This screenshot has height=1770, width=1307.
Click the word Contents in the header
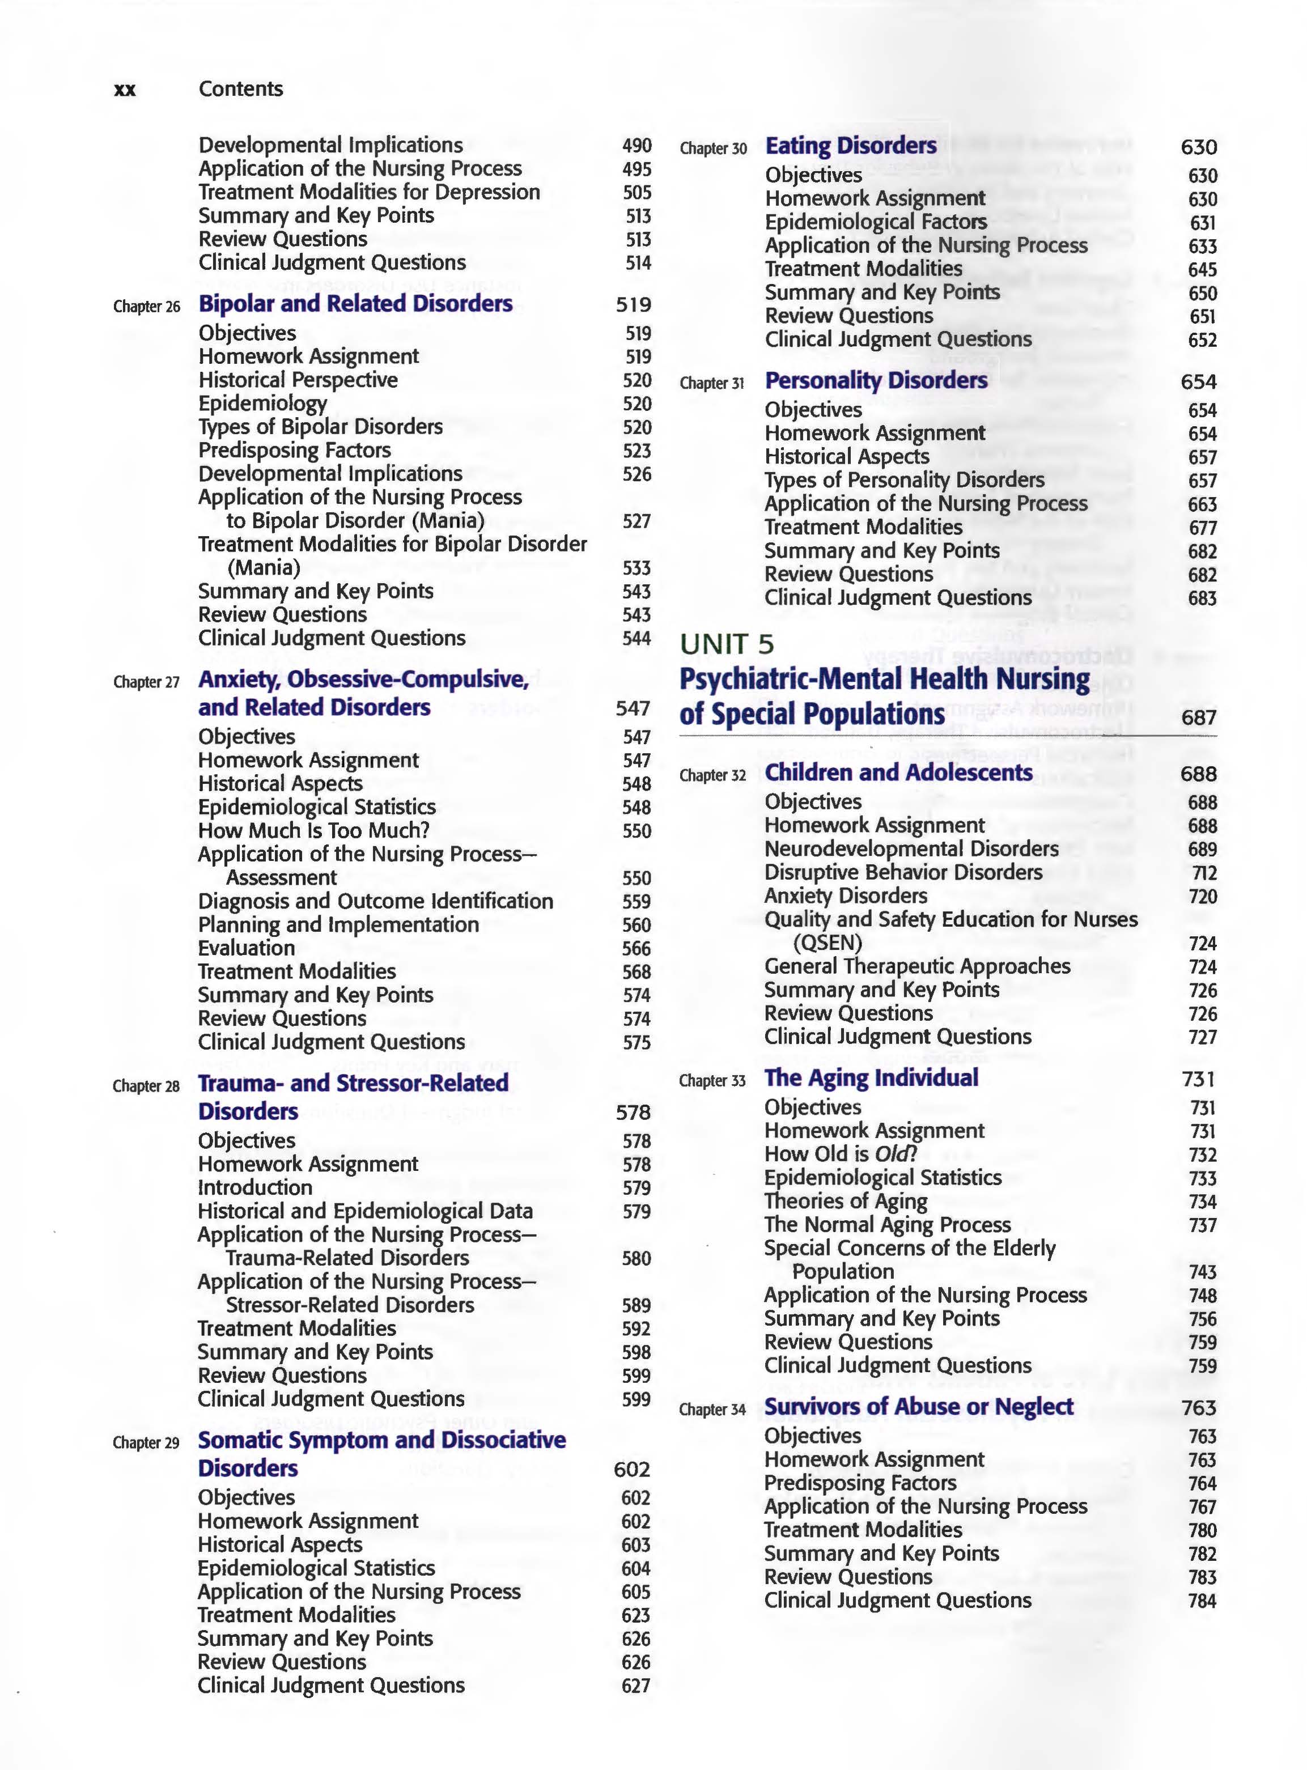(x=240, y=88)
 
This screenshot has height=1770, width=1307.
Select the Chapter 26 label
(x=146, y=306)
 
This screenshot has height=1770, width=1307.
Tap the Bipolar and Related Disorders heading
(x=355, y=304)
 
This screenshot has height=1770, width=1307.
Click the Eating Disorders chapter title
(x=851, y=146)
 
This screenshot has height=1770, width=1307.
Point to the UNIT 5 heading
(x=727, y=644)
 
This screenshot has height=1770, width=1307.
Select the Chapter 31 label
(x=712, y=383)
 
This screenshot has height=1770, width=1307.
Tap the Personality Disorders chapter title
(x=876, y=381)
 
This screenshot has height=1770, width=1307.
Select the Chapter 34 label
(x=712, y=1409)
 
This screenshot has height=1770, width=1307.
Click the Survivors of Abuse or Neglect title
(x=919, y=1406)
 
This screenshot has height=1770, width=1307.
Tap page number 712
(x=1203, y=873)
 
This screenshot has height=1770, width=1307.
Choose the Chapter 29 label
(x=146, y=1442)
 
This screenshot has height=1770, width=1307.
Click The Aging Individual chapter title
(x=871, y=1077)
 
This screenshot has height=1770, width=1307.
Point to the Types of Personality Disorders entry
(x=903, y=479)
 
